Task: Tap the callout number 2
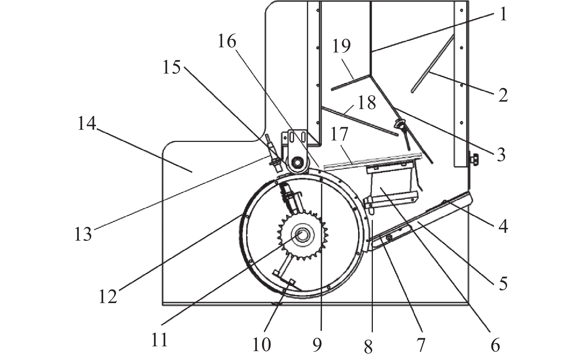point(502,96)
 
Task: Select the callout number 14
point(86,124)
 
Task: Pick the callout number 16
point(226,42)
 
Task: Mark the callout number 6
point(494,345)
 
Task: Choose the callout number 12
point(108,296)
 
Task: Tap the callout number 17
point(339,134)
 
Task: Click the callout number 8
point(368,346)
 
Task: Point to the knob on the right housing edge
point(474,160)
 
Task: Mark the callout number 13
point(83,234)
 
